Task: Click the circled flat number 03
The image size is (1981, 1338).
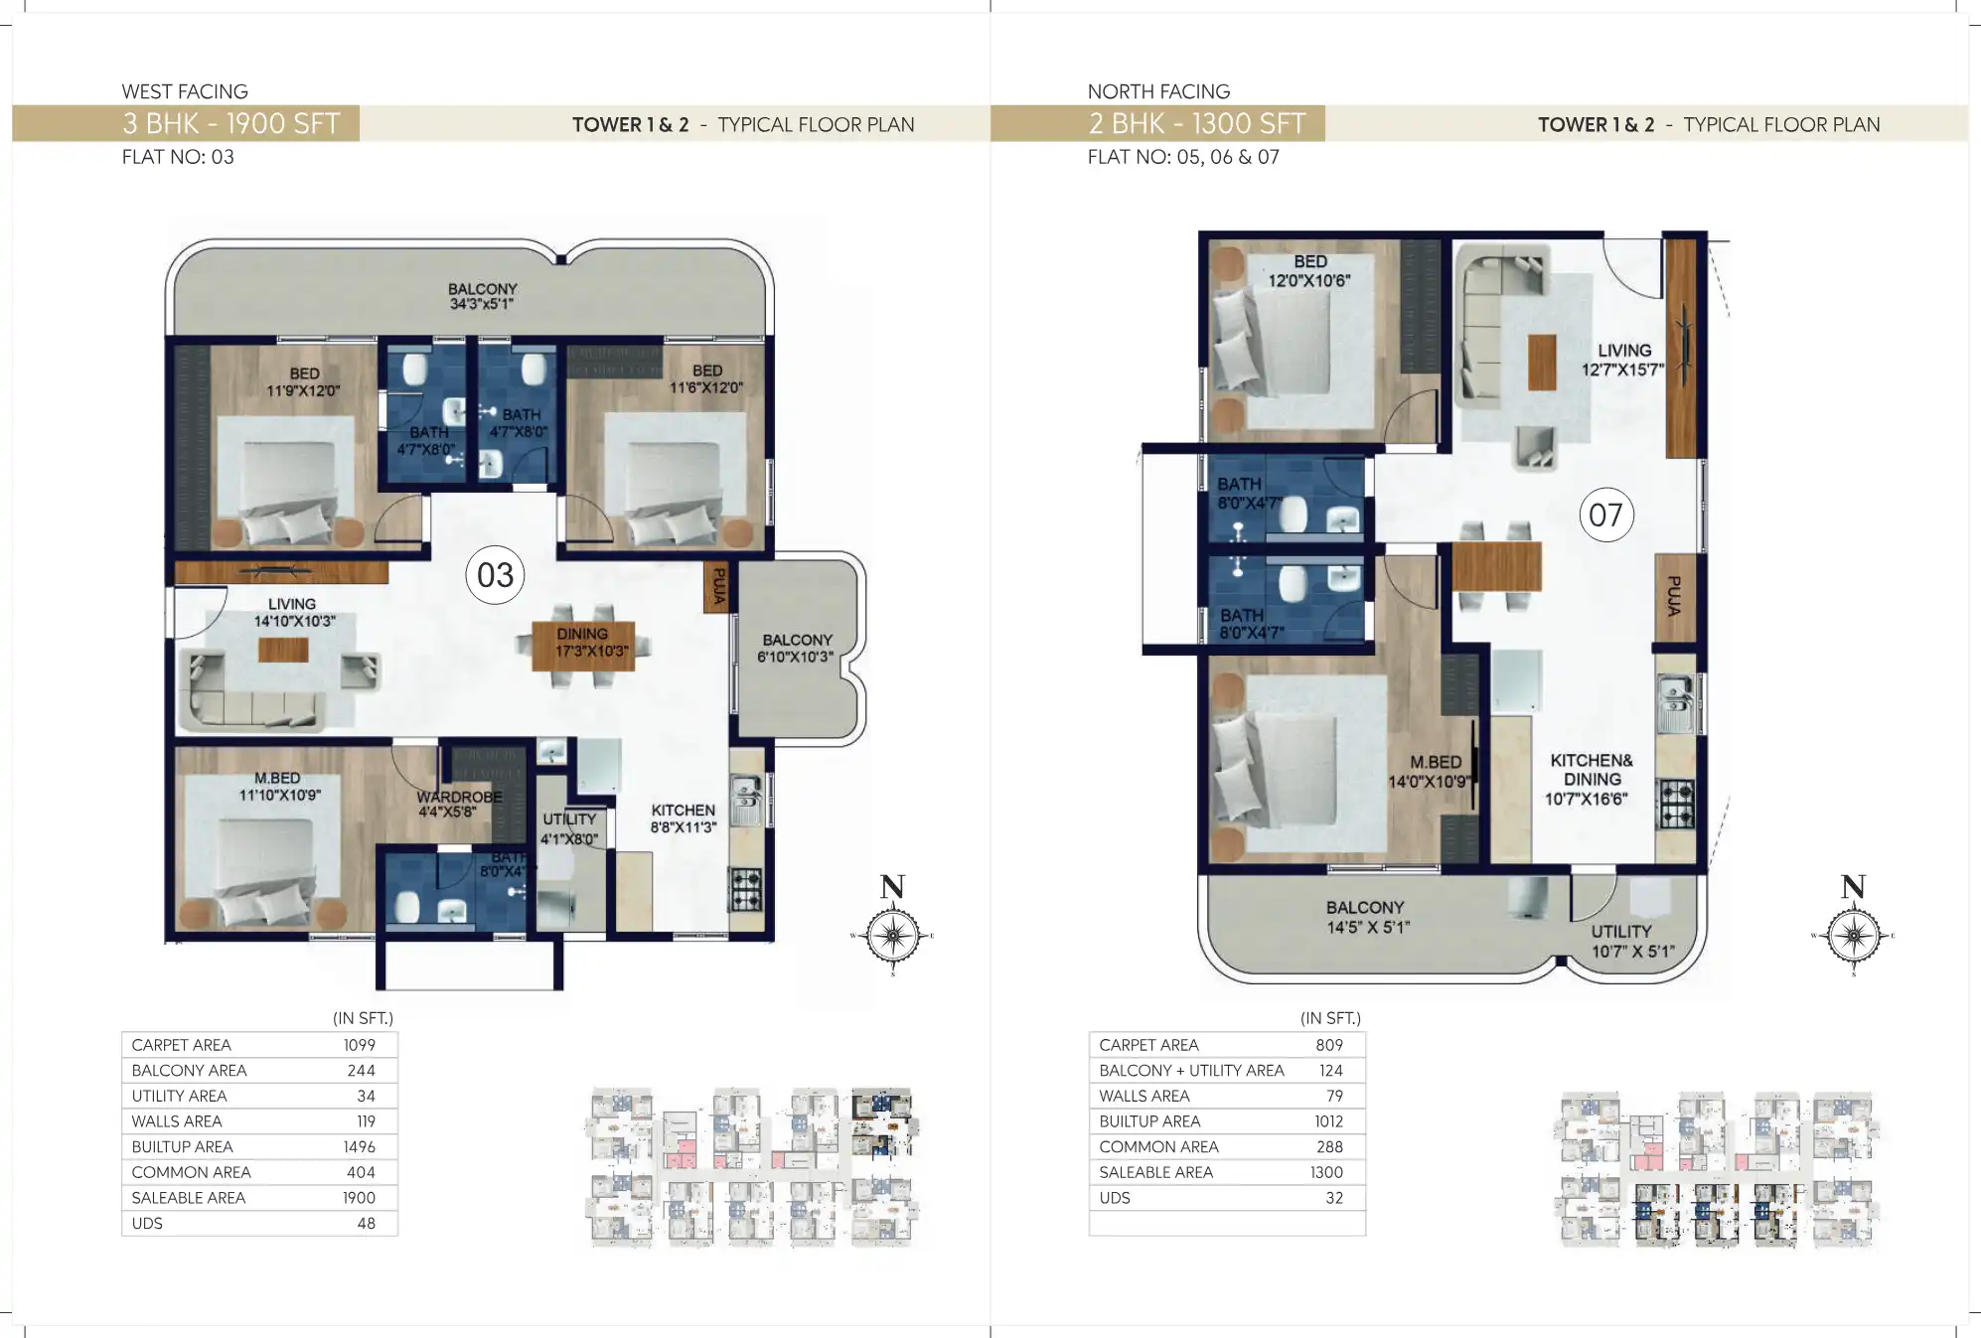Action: [x=495, y=574]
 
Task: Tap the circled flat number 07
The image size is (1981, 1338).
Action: [x=1605, y=515]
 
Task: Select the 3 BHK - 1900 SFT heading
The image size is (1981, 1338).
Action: [x=230, y=123]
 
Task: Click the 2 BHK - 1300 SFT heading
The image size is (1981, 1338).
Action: [x=1196, y=123]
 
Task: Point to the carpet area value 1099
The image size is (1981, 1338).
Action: [x=359, y=1045]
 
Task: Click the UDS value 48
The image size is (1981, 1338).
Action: [x=366, y=1223]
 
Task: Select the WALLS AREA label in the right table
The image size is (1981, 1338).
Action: [x=1143, y=1096]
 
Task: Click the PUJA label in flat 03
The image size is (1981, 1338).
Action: [x=717, y=586]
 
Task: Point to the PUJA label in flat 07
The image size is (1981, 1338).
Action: [x=1674, y=596]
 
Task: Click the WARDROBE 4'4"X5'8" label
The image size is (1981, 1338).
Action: [x=458, y=804]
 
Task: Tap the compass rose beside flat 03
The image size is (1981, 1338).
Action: [x=892, y=935]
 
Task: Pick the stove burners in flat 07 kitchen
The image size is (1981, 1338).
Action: [x=1675, y=805]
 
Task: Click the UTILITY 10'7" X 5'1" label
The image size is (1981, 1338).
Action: [x=1631, y=941]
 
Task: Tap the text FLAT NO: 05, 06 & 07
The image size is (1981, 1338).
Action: [x=1182, y=157]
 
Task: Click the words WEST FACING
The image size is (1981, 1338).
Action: [x=185, y=91]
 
